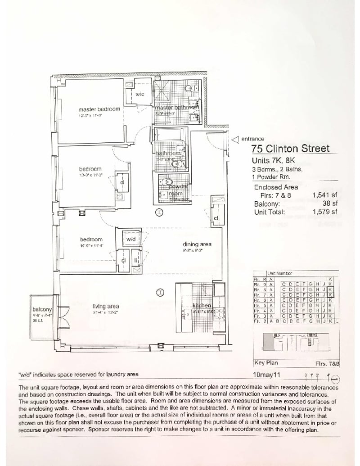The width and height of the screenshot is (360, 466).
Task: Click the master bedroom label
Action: point(99,109)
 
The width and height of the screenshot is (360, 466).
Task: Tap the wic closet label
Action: point(139,94)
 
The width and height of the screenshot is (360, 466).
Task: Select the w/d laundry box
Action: point(131,238)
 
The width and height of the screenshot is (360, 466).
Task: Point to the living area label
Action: point(106,306)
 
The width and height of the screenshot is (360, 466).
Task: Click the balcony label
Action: point(42,309)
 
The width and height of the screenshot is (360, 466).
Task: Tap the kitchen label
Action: point(202,306)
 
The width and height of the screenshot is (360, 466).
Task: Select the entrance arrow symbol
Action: point(234,140)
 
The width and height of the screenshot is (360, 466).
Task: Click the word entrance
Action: point(252,139)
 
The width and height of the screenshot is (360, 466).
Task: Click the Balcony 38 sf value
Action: point(332,204)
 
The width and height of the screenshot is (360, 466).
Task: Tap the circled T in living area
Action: point(160,293)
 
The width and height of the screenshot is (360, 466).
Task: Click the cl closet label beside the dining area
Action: point(216,218)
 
